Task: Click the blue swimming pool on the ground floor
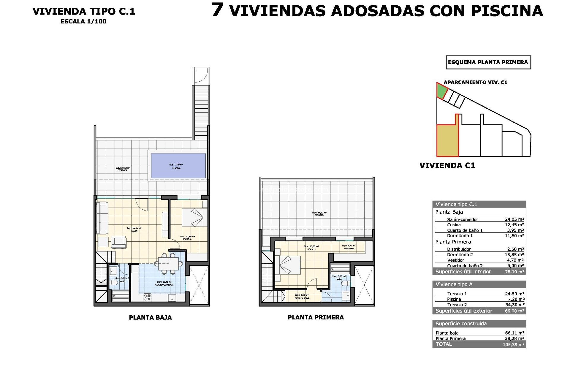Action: pos(178,166)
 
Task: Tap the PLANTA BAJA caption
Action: pos(150,318)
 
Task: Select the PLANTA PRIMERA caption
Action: pos(316,317)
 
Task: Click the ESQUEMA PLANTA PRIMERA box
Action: pos(488,62)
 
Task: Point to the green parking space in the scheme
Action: pos(441,91)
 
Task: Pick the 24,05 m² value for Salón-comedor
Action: pos(514,219)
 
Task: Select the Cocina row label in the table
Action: pos(454,225)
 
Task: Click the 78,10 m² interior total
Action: pos(514,272)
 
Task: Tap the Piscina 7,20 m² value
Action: pos(516,299)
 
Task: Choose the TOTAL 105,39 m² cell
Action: pos(514,344)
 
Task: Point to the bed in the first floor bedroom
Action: pos(289,265)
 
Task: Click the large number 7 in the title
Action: pos(217,10)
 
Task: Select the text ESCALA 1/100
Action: pos(83,21)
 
